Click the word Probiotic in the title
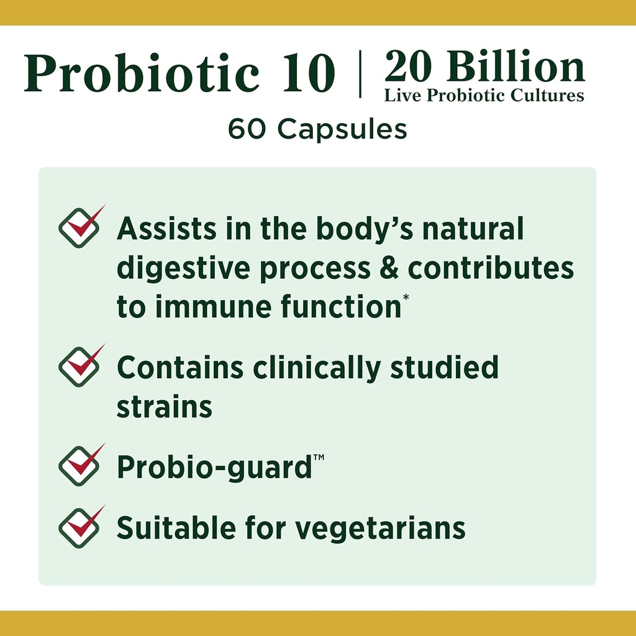pyautogui.click(x=142, y=75)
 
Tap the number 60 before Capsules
pyautogui.click(x=248, y=129)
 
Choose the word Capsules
pyautogui.click(x=342, y=129)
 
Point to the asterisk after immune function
pyautogui.click(x=406, y=298)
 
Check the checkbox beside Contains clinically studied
pyautogui.click(x=78, y=368)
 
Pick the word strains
pyautogui.click(x=165, y=407)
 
